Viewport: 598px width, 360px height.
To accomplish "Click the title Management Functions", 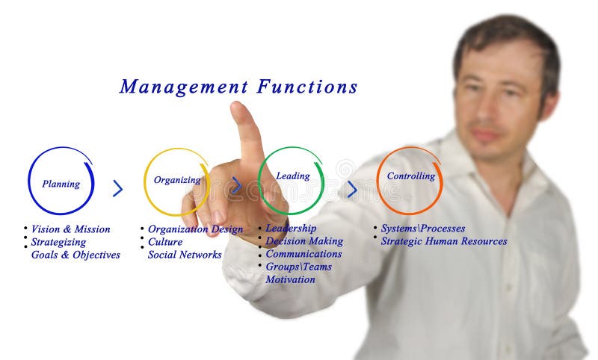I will point(238,87).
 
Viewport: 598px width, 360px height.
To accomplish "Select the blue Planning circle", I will point(61,182).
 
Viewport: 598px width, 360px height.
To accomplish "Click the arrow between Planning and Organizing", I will point(117,188).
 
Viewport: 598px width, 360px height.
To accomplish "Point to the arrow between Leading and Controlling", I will point(351,190).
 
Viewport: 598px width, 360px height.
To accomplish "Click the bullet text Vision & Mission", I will point(70,229).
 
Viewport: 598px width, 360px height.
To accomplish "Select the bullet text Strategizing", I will point(58,242).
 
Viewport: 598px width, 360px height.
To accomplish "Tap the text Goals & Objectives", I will point(75,255).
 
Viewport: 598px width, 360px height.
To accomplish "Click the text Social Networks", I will point(185,255).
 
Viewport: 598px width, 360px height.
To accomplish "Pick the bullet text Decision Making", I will point(304,241).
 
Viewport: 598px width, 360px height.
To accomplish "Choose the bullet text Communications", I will point(303,254).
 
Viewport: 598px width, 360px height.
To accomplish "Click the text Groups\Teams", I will point(298,267).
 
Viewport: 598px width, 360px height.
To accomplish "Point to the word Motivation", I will point(290,279).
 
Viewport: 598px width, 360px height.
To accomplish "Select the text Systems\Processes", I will point(423,229).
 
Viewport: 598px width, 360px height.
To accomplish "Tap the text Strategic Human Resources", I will point(444,241).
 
